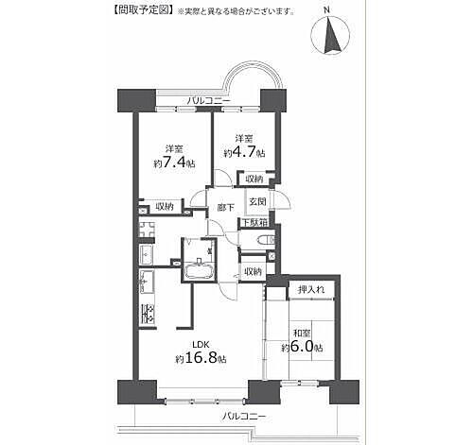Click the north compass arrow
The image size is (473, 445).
(330, 35)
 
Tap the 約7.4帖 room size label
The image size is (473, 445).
(174, 163)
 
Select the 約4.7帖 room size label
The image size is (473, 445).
(244, 153)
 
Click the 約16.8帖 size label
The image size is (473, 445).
(201, 358)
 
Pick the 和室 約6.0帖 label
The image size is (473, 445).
(302, 341)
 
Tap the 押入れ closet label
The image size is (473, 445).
(311, 290)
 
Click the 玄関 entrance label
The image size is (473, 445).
(257, 201)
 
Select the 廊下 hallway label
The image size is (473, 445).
(226, 208)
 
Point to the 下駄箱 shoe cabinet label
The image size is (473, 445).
(254, 222)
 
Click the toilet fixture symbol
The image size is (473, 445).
(266, 241)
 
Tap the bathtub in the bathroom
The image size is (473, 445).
(200, 271)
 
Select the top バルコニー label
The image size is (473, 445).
(209, 101)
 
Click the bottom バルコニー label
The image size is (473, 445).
(244, 417)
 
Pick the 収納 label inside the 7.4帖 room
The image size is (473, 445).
(165, 207)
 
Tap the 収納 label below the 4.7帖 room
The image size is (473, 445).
(254, 180)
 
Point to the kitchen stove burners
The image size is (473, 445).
(147, 314)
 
